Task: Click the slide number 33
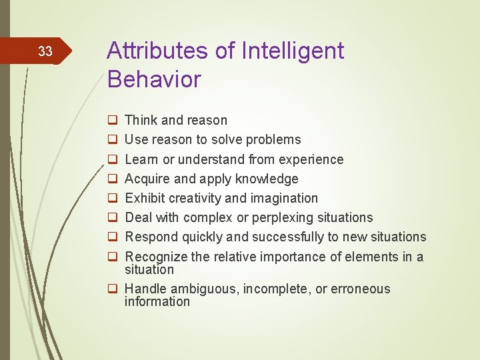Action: pos(45,51)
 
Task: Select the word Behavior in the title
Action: pos(153,79)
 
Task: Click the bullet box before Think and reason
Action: pos(113,121)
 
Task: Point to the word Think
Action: pos(141,121)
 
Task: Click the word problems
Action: pos(274,140)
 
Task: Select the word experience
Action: pos(313,159)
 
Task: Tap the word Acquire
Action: pos(148,179)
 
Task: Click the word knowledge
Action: pos(267,179)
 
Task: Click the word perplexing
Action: pos(271,217)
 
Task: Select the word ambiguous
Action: pos(205,289)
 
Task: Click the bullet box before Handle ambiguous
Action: pos(113,289)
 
